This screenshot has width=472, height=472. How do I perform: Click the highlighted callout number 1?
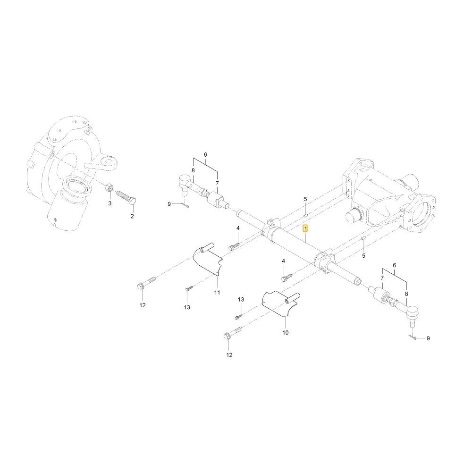(x=305, y=229)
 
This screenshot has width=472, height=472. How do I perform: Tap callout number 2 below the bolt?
(x=132, y=216)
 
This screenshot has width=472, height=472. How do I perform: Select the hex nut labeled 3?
(x=110, y=188)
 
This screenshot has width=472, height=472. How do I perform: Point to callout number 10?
(x=286, y=333)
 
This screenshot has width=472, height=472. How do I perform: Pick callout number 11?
(x=217, y=292)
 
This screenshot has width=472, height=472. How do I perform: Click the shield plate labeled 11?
(x=208, y=259)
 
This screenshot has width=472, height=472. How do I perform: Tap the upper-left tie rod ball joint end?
(x=185, y=183)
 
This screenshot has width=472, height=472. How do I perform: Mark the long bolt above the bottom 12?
(x=234, y=333)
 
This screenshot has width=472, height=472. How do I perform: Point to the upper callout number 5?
(x=305, y=199)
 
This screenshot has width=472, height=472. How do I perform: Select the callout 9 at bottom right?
(x=429, y=338)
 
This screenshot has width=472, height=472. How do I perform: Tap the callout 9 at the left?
(x=169, y=204)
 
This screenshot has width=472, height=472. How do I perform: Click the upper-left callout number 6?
(x=206, y=155)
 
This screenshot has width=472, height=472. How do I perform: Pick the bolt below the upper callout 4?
(x=234, y=247)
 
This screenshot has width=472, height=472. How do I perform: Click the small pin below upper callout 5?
(x=305, y=215)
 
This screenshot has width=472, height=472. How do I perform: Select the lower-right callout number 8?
(x=406, y=294)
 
